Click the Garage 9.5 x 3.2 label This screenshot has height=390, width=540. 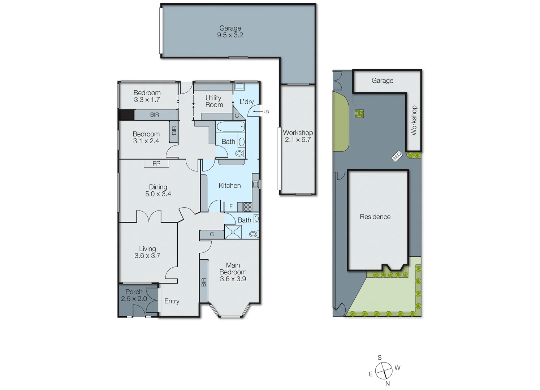tap(230, 32)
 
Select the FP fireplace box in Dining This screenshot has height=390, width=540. tap(156, 164)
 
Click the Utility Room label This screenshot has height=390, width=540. tap(214, 101)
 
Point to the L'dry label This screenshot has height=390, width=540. tap(247, 102)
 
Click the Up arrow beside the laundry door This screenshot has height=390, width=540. tap(257, 112)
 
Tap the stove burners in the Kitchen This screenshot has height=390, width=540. tap(247, 207)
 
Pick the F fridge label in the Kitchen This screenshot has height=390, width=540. tap(231, 207)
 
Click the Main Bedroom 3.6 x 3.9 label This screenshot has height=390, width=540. tap(233, 272)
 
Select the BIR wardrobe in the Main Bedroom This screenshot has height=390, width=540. tap(204, 282)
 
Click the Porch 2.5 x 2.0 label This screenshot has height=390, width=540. tap(134, 295)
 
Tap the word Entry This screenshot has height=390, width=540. tap(172, 301)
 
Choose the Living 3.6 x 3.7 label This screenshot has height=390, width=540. tap(147, 252)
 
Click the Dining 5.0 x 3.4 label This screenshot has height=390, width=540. tap(158, 190)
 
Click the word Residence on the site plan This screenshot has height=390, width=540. tap(375, 217)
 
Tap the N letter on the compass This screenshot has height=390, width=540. tap(388, 383)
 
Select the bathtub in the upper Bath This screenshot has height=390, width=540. tap(230, 127)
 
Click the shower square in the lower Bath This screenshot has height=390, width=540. tap(233, 231)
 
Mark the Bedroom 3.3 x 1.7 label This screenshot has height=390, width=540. tap(147, 96)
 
